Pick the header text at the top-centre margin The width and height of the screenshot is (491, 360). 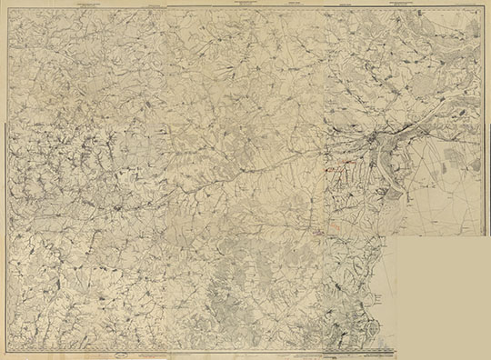pyautogui.click(x=245, y=5)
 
